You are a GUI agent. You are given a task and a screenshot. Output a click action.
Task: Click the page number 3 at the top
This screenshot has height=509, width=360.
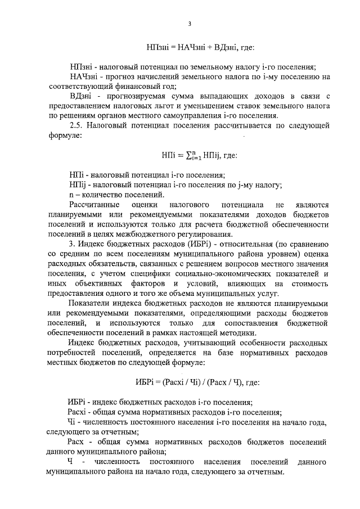pos(190,23)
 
